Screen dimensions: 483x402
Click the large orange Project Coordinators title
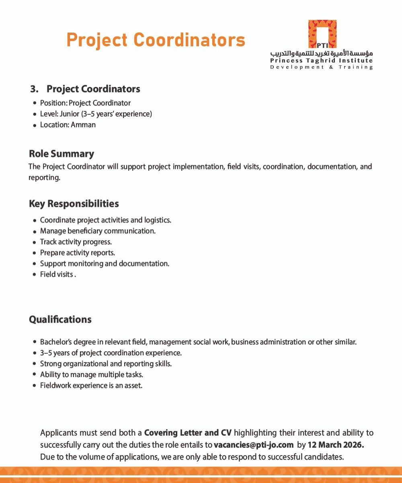[156, 40]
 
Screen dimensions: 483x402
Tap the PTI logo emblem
[322, 34]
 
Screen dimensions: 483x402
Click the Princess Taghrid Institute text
[321, 61]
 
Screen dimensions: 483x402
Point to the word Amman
[83, 125]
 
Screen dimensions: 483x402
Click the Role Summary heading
[62, 154]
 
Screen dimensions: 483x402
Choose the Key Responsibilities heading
[74, 204]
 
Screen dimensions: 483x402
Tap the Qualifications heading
[60, 320]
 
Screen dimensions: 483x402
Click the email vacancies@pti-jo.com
[254, 445]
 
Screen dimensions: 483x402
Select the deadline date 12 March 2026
[336, 445]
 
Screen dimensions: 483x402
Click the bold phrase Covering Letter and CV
[188, 433]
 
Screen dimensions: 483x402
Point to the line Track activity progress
[76, 242]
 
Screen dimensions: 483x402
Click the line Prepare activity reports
[77, 253]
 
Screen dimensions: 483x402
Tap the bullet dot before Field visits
[35, 275]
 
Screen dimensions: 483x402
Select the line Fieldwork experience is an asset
[91, 386]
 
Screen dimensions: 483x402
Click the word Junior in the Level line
[70, 114]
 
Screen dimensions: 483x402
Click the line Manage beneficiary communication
[98, 231]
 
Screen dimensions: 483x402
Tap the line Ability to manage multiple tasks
[92, 375]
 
